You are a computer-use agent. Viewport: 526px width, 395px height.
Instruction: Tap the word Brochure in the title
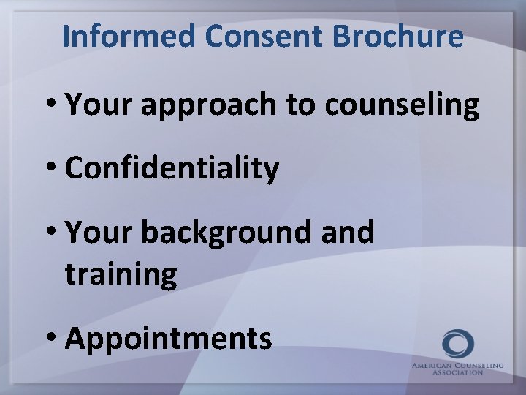coord(379,36)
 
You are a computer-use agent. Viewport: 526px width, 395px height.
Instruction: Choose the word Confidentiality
coord(172,169)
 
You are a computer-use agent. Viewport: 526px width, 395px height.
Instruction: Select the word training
coord(121,274)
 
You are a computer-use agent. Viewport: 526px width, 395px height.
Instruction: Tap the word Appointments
coord(169,339)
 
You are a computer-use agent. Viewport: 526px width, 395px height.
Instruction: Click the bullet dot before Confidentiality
coord(53,170)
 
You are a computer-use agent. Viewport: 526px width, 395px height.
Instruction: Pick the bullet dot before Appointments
coord(53,339)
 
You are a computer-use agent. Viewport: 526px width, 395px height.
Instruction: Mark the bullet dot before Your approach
coord(53,107)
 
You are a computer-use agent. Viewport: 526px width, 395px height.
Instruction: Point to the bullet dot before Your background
coord(53,233)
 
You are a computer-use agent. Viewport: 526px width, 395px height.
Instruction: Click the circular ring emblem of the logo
coord(458,344)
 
